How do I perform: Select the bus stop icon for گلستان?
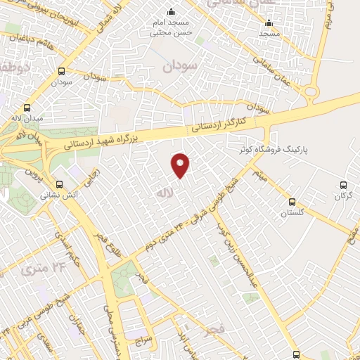click(x=291, y=201)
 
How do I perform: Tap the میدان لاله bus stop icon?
click(x=27, y=108)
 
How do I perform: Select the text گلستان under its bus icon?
click(x=291, y=214)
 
